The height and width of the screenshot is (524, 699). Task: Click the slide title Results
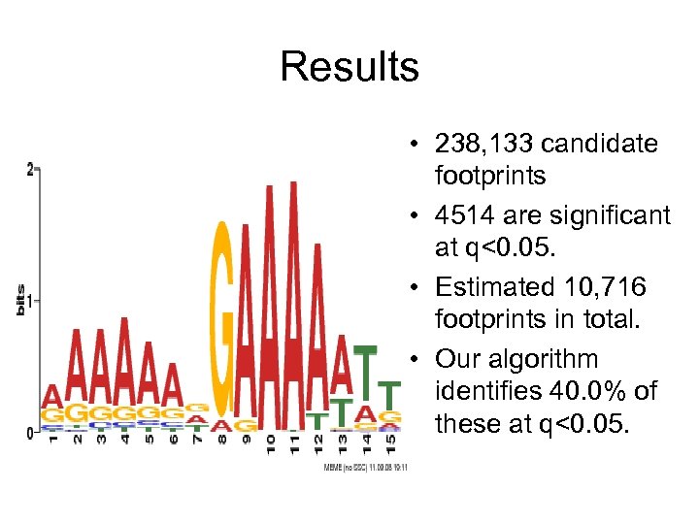[x=349, y=67]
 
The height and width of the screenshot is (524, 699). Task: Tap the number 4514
[x=471, y=215]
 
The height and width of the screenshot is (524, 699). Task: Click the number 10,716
[x=613, y=287]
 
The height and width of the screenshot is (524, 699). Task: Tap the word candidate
[x=600, y=145]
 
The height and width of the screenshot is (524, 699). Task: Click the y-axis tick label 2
[x=30, y=170]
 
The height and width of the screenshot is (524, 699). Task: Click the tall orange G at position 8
[x=224, y=320]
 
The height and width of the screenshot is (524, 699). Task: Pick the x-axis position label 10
[x=270, y=445]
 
